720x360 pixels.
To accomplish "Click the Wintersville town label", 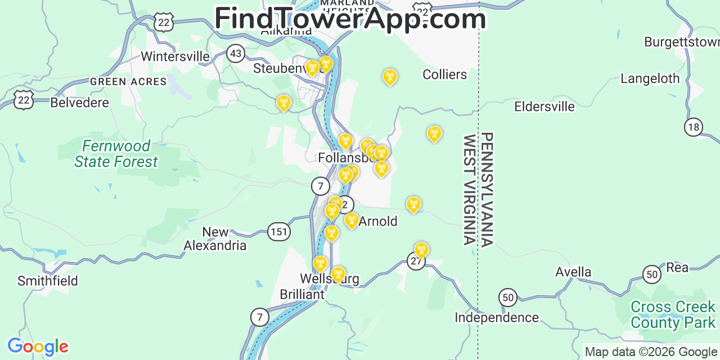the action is tap(175, 56).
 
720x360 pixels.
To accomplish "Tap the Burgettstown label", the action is tap(681, 42).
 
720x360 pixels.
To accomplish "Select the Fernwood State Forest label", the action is tap(116, 154).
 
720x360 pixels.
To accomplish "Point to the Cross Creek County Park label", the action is tap(673, 314).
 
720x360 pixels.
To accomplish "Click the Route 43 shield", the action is tap(236, 54).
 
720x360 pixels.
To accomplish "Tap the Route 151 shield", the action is tap(278, 232).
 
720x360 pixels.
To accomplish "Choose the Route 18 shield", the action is tap(694, 127).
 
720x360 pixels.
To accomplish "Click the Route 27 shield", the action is tap(416, 261).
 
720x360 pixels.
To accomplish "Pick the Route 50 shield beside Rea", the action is tap(652, 274).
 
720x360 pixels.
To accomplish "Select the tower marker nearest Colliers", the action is tap(389, 76).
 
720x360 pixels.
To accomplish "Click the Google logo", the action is tap(37, 346).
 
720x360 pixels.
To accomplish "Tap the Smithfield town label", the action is tap(48, 281).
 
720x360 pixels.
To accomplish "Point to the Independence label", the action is tap(497, 318).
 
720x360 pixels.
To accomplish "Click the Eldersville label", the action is tap(544, 106).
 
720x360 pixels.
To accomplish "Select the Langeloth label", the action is tap(650, 79).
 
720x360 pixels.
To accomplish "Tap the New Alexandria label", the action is tap(215, 238).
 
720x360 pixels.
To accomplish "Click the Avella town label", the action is tap(573, 272).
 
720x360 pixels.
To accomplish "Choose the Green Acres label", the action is tap(128, 82).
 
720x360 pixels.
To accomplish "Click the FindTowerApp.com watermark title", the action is tap(350, 19).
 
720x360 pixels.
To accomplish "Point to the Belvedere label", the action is tap(79, 102).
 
